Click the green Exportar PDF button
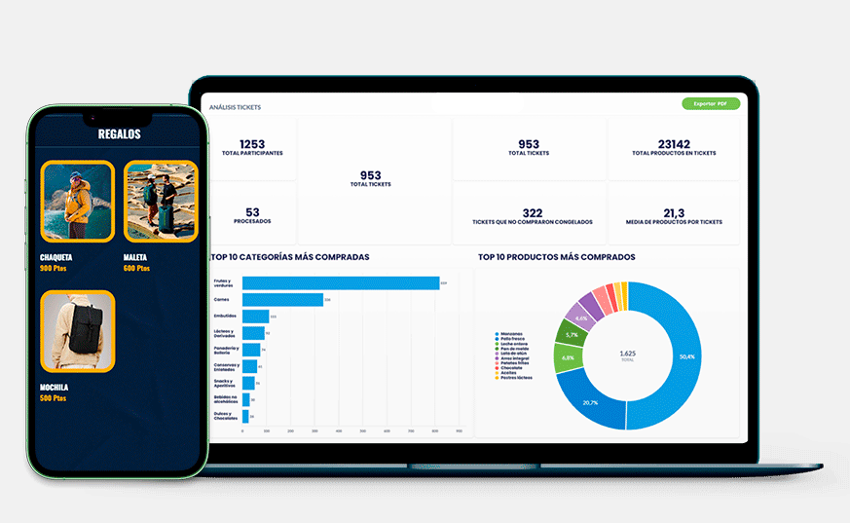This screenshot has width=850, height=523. pyautogui.click(x=711, y=103)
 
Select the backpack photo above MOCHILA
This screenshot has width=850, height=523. pyautogui.click(x=77, y=331)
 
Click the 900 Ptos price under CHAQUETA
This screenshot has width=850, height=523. pyautogui.click(x=54, y=268)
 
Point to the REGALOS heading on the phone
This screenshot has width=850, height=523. pyautogui.click(x=119, y=134)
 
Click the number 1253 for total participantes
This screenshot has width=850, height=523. pyautogui.click(x=252, y=144)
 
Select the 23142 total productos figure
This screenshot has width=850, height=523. pyautogui.click(x=674, y=143)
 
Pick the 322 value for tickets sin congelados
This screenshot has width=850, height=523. pyautogui.click(x=532, y=212)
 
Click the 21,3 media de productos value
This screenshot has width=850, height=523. pyautogui.click(x=674, y=212)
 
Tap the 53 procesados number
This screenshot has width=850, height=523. pyautogui.click(x=252, y=211)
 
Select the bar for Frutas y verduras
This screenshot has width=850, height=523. pyautogui.click(x=340, y=283)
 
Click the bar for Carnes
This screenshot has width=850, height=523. pyautogui.click(x=282, y=300)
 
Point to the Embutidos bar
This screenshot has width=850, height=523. pyautogui.click(x=255, y=317)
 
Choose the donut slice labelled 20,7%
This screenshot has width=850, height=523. pyautogui.click(x=590, y=402)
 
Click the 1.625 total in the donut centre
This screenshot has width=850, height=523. pyautogui.click(x=628, y=354)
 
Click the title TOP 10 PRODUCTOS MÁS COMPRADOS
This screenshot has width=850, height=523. pyautogui.click(x=556, y=257)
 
